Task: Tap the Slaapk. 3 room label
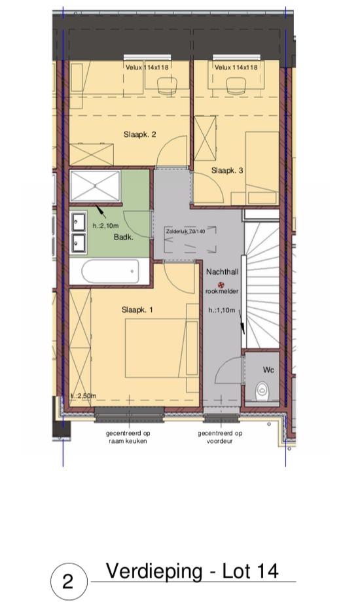[227, 170]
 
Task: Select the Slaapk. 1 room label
[137, 310]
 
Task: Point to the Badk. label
[124, 237]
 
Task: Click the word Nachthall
[223, 272]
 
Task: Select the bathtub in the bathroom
[111, 271]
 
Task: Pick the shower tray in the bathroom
[95, 186]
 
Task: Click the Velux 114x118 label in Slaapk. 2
[147, 67]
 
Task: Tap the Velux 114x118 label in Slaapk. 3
[236, 67]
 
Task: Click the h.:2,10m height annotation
[105, 226]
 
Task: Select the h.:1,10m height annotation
[222, 310]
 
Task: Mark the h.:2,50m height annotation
[83, 396]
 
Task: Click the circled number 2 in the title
[68, 581]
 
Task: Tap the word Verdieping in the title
[154, 571]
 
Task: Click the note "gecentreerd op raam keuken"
[128, 437]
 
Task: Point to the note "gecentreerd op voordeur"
[220, 437]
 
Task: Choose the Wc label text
[268, 370]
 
